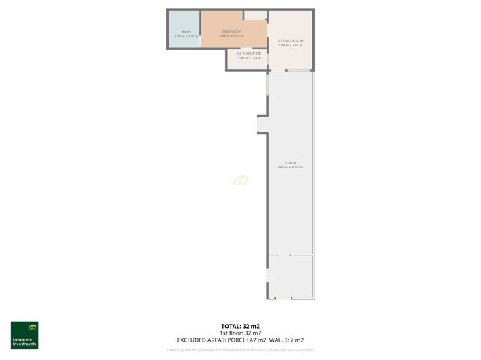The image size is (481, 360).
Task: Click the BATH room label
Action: click(186, 31)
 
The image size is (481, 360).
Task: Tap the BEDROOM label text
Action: click(232, 31)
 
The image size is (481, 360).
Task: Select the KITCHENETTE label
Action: click(249, 53)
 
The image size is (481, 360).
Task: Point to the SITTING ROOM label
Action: click(290, 41)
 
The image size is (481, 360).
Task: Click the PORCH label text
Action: click(290, 164)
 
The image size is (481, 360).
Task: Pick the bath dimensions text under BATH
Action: click(186, 36)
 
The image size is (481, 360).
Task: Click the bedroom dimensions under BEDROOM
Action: click(232, 36)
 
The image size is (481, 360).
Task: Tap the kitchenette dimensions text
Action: click(249, 58)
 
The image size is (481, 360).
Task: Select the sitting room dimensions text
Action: click(290, 46)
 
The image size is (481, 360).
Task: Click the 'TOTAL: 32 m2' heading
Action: click(240, 326)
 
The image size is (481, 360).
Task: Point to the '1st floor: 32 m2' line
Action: click(240, 333)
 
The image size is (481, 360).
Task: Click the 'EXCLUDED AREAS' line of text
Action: click(240, 340)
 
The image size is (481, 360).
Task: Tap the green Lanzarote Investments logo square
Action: click(25, 329)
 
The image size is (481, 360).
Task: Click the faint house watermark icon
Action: click(240, 181)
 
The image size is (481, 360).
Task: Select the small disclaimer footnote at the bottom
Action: click(240, 350)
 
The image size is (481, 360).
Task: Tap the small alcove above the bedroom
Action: click(255, 15)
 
